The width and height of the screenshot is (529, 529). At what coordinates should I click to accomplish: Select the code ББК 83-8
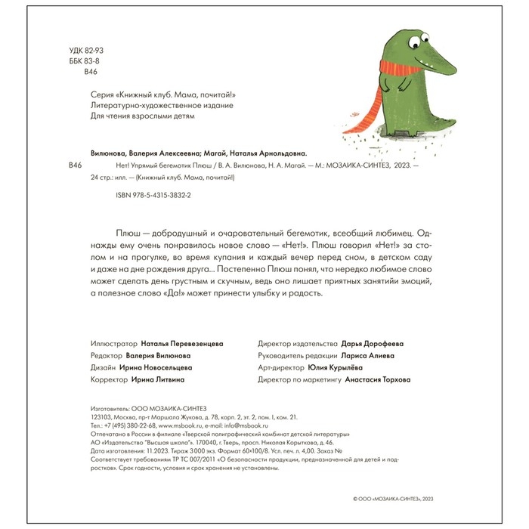tap(85, 61)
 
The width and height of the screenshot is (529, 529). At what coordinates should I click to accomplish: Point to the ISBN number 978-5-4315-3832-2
tap(154, 194)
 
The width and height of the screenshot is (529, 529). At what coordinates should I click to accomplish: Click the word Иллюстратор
tap(113, 342)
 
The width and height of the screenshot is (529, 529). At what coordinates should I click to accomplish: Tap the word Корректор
tap(110, 381)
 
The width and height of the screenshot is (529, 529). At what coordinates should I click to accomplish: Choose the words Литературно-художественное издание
tap(161, 105)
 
